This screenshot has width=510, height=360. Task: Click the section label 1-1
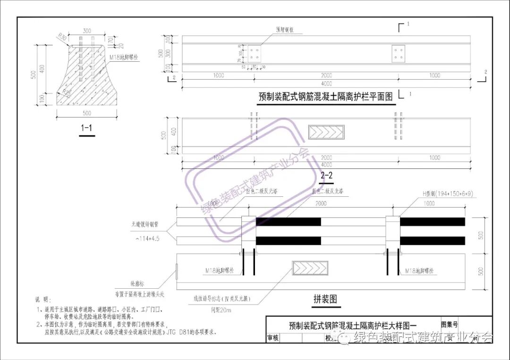coord(86,128)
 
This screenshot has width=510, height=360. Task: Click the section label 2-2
coord(326,176)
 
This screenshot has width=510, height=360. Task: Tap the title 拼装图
coord(326,299)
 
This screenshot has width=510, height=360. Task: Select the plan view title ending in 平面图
coord(326,97)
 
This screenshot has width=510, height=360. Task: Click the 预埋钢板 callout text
coord(285,29)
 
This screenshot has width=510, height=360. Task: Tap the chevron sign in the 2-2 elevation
coord(326,132)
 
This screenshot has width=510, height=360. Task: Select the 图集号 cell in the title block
coord(449,325)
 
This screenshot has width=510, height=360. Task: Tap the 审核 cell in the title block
coord(273,338)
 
